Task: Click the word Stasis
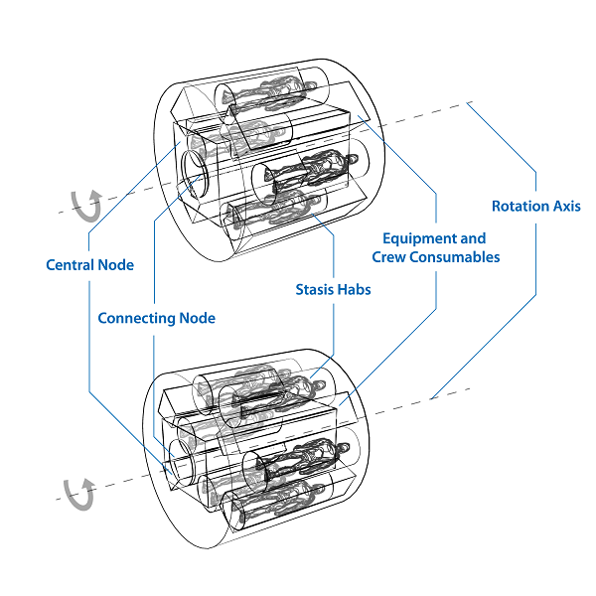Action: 317,290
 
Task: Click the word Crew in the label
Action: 389,257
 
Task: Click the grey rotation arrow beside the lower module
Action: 78,491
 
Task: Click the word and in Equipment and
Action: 473,238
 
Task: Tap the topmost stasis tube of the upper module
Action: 273,92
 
